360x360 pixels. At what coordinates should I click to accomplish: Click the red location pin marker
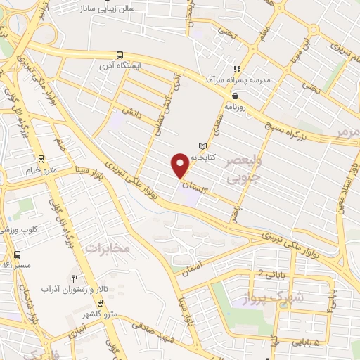(181, 164)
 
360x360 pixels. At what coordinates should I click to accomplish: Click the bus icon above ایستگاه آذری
(120, 54)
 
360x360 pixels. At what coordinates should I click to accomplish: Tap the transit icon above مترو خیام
(41, 159)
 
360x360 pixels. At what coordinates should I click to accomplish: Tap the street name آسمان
(191, 266)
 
